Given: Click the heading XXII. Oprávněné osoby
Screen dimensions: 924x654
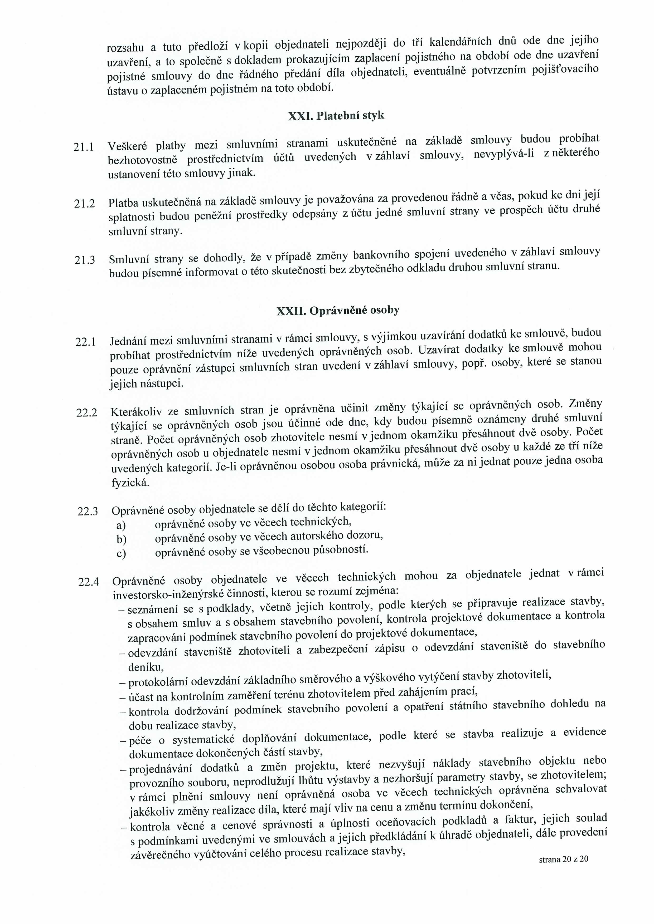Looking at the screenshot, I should [338, 311].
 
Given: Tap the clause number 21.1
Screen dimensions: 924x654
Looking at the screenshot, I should [84, 147].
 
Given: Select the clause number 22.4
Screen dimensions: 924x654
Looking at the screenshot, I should [89, 582].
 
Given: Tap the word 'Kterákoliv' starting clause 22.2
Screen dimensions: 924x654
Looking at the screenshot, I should [136, 412].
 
